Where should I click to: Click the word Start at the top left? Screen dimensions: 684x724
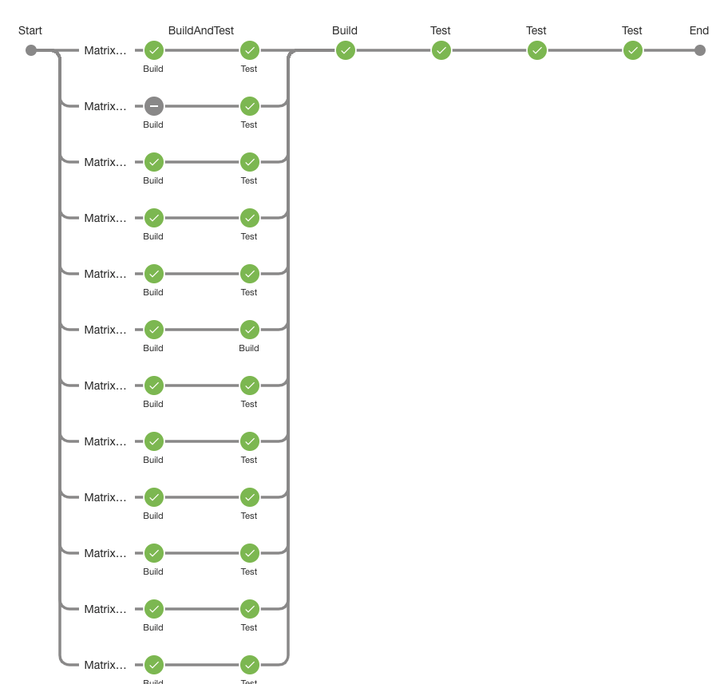coord(30,31)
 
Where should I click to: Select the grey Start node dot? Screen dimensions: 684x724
coord(31,50)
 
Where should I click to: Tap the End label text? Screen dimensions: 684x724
coord(698,31)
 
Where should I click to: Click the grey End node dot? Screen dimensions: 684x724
coord(700,50)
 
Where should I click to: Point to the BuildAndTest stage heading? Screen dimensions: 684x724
coord(201,31)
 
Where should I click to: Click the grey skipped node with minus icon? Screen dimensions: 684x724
coord(154,106)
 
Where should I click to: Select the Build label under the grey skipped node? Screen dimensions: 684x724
coord(153,125)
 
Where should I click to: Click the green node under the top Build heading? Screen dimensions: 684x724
coord(346,50)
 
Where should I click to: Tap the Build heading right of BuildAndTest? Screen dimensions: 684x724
coord(345,31)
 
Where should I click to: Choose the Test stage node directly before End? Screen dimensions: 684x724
coord(633,50)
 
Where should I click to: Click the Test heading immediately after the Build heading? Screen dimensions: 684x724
coord(441,31)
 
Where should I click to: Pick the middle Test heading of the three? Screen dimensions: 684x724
coord(536,31)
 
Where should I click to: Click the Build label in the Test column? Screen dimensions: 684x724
coord(249,348)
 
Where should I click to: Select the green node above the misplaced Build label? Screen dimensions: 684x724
coord(250,330)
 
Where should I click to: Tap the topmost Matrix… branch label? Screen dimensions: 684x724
coord(105,50)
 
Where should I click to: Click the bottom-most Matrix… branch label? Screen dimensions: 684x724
coord(105,665)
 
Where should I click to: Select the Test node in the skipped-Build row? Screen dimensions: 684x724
coord(250,106)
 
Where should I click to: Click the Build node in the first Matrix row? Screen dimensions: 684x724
coord(154,50)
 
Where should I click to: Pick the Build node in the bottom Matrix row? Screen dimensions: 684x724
coord(154,665)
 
